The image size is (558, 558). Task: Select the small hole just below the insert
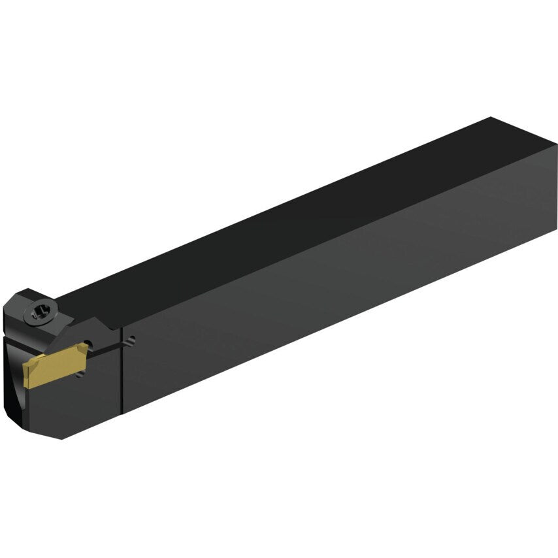click(79, 374)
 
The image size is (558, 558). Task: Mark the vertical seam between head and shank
click(122, 372)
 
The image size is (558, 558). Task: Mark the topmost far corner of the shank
click(490, 118)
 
